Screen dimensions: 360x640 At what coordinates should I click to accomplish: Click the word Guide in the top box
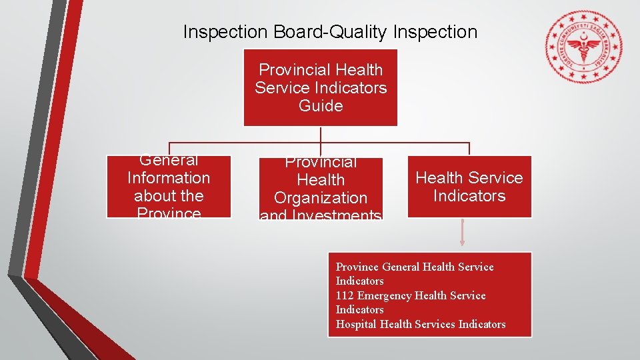click(321, 106)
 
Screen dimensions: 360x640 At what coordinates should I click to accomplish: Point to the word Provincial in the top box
click(293, 70)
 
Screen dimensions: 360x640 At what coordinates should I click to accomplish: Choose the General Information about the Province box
click(169, 187)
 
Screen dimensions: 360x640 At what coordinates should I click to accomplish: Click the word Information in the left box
click(169, 178)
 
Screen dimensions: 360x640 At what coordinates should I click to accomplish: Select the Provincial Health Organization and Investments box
click(321, 189)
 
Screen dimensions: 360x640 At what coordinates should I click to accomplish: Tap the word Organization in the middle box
click(321, 198)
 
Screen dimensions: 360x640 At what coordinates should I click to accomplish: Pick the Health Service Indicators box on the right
click(469, 187)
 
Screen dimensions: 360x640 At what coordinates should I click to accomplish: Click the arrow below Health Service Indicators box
click(462, 235)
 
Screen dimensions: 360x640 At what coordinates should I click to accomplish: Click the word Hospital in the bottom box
click(356, 324)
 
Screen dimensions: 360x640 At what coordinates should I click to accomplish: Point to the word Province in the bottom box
click(357, 267)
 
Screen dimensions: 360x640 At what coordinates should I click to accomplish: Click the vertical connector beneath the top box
click(321, 134)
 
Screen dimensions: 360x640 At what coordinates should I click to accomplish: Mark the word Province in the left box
click(169, 213)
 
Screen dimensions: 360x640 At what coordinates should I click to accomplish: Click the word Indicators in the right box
click(469, 196)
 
